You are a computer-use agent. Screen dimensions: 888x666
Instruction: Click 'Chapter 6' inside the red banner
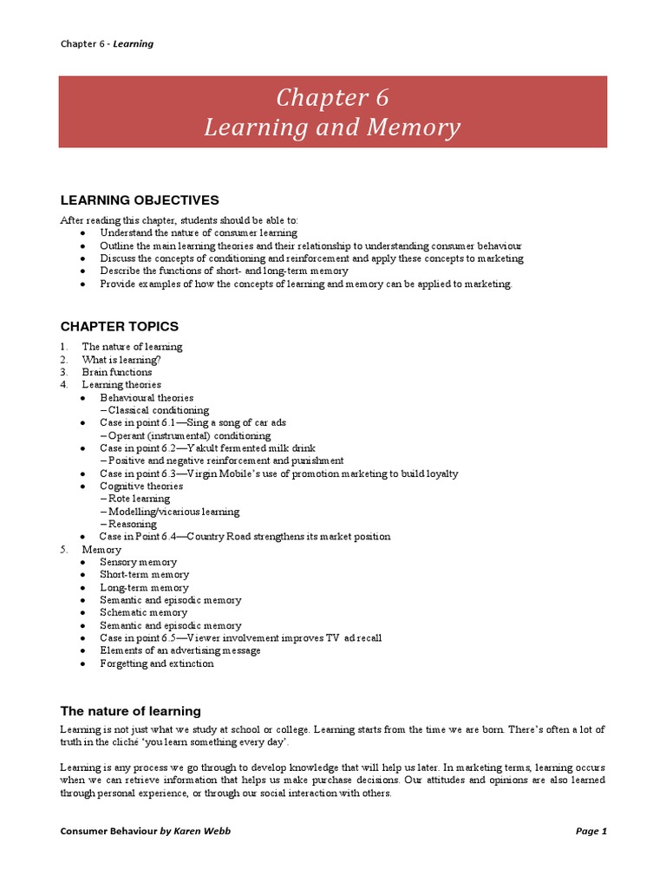pos(332,98)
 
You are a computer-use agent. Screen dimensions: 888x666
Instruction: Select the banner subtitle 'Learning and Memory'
pos(332,127)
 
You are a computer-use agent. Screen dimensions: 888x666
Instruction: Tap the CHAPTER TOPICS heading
pos(119,326)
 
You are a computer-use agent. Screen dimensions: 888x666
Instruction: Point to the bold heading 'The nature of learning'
pos(130,711)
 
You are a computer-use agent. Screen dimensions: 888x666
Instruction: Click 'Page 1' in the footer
pos(591,831)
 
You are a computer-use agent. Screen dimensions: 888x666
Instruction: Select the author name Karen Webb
pos(201,831)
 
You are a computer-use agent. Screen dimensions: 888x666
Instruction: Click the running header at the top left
pos(107,43)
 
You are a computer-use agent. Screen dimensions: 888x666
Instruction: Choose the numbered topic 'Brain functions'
pos(117,372)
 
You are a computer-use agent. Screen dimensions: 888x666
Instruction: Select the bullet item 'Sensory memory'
pos(138,562)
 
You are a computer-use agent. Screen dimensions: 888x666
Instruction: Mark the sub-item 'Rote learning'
pos(140,499)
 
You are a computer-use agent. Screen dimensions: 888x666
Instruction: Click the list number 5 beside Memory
pos(63,549)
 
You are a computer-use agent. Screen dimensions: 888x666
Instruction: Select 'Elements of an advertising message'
pos(180,650)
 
